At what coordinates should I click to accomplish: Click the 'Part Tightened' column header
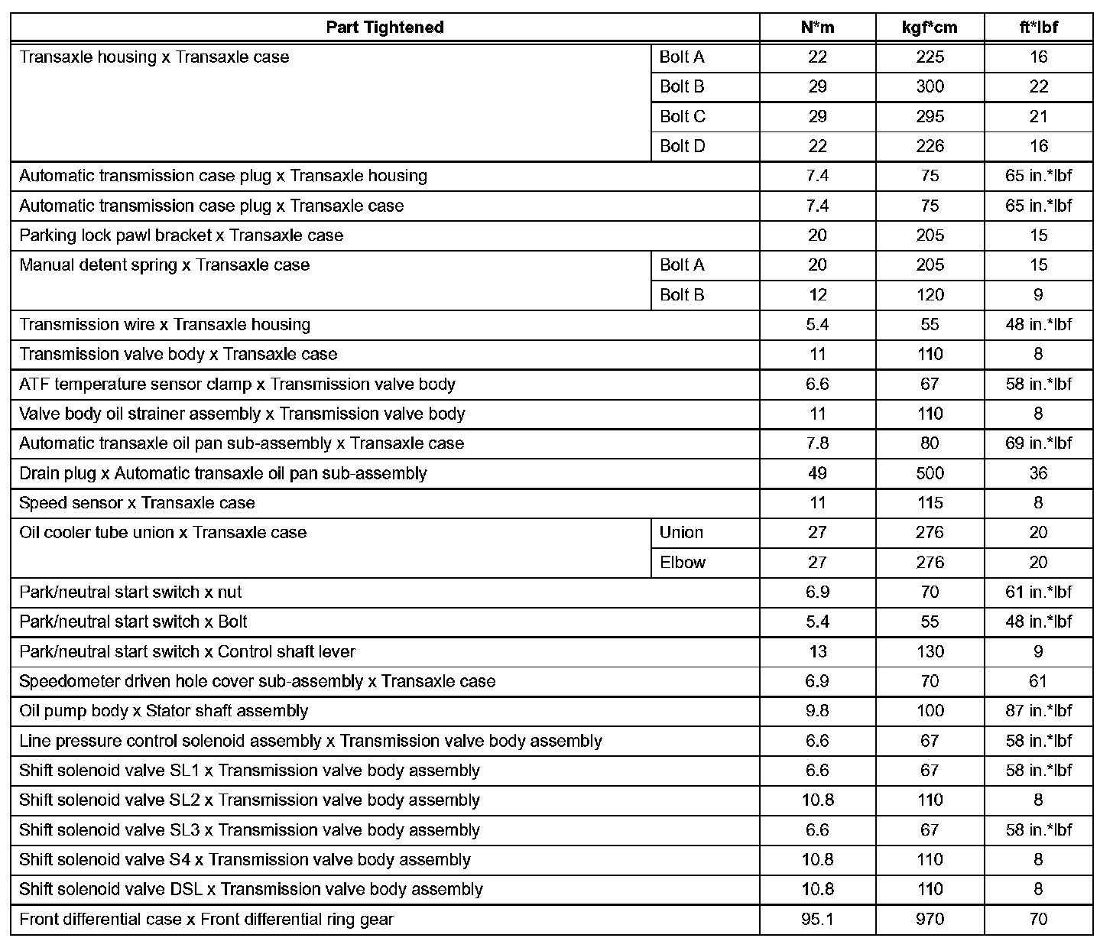(385, 28)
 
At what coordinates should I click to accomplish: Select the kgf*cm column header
(930, 28)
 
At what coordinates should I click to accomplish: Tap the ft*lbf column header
(1038, 28)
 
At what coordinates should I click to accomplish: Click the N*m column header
(817, 28)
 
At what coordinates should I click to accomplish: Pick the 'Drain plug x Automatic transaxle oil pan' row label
(223, 473)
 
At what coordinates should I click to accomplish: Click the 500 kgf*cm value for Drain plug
(930, 473)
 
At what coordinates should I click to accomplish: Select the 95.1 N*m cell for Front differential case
(817, 919)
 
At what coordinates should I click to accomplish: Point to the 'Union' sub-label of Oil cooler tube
(681, 533)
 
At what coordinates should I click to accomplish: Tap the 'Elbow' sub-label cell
(683, 563)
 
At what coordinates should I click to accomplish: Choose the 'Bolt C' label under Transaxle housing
(683, 117)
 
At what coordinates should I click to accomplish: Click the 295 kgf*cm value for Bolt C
(930, 117)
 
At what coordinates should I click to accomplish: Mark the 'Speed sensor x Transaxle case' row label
(137, 503)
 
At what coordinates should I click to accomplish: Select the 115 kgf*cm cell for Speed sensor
(930, 503)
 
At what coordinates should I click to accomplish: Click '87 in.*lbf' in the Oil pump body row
(1038, 711)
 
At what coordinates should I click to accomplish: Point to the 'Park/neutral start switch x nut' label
(131, 592)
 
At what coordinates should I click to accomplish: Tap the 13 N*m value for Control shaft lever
(817, 652)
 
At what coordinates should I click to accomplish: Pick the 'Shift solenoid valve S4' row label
(245, 860)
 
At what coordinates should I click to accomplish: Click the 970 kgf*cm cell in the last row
(930, 919)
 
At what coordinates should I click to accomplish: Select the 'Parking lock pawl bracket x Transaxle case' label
(181, 235)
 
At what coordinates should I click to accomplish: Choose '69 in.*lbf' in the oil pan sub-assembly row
(1038, 443)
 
